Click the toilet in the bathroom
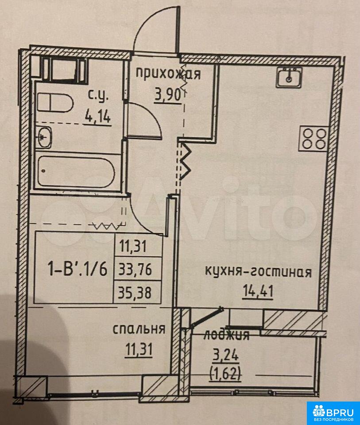click(55, 102)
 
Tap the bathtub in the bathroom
click(76, 171)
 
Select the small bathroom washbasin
click(44, 137)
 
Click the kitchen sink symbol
click(289, 77)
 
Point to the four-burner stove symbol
click(314, 138)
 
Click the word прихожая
click(168, 73)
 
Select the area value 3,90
click(168, 96)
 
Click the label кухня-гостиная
click(258, 271)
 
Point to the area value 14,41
click(258, 291)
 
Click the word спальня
click(139, 329)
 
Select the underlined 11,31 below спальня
click(139, 349)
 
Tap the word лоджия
click(226, 335)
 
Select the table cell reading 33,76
click(135, 270)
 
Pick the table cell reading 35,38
click(135, 293)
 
